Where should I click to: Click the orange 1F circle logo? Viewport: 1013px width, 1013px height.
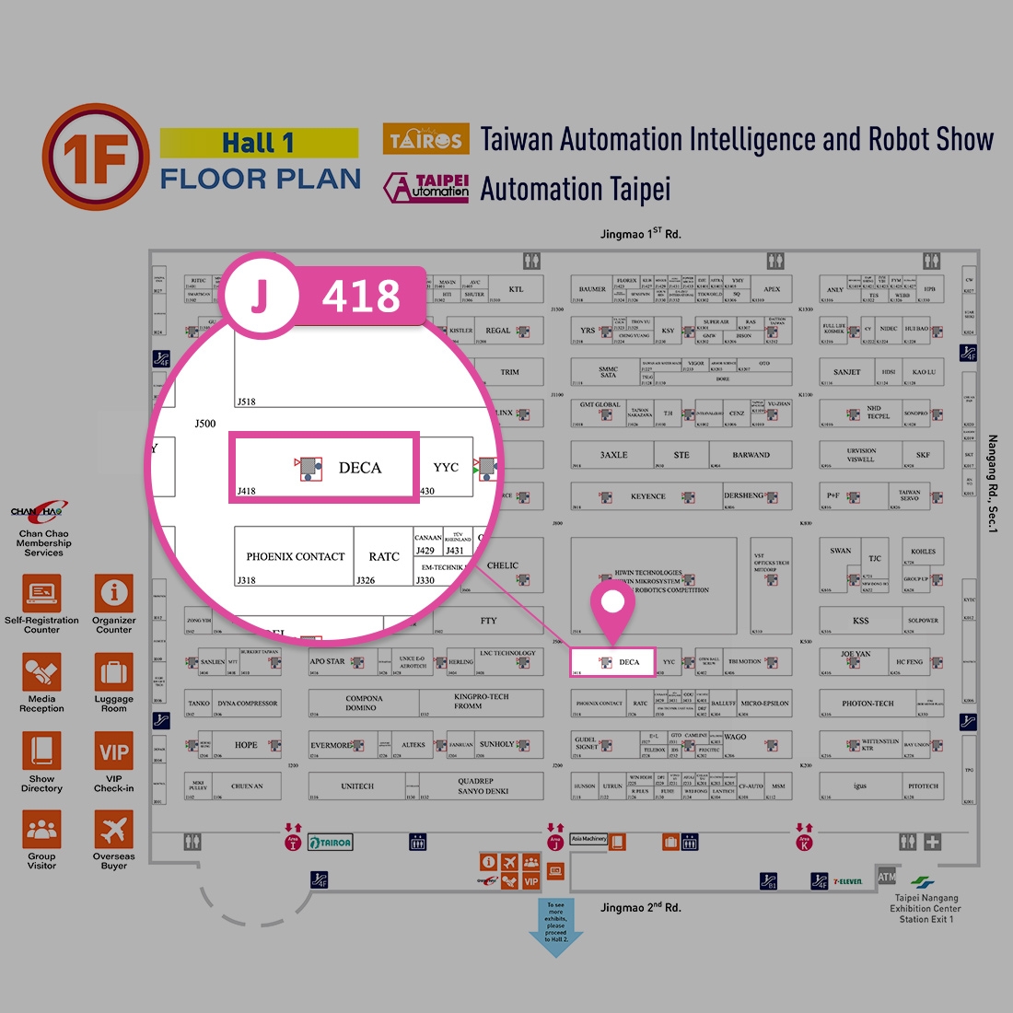click(x=95, y=157)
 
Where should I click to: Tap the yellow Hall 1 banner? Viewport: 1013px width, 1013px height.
click(x=259, y=143)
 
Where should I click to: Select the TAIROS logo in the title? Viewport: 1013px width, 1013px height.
click(x=425, y=140)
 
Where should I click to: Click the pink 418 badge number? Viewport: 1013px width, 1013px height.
click(x=361, y=297)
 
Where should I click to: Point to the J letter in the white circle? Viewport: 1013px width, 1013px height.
click(x=261, y=296)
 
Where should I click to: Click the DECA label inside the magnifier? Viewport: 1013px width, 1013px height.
click(x=359, y=468)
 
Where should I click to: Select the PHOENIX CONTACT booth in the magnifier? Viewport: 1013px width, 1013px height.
click(x=295, y=556)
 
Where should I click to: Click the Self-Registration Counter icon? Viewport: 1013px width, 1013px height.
click(x=42, y=594)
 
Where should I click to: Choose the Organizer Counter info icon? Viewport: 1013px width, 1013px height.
click(x=114, y=594)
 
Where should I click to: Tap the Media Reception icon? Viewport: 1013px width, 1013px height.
click(x=42, y=673)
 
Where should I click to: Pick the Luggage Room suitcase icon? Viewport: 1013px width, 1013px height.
click(x=114, y=673)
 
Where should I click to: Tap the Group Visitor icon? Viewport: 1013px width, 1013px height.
click(x=42, y=830)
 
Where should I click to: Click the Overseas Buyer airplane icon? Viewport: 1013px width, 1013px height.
click(x=114, y=830)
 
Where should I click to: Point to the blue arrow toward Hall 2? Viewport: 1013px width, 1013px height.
click(x=556, y=926)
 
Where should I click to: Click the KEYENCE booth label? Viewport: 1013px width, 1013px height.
click(x=647, y=496)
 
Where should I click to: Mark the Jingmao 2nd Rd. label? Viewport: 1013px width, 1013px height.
click(x=641, y=908)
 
